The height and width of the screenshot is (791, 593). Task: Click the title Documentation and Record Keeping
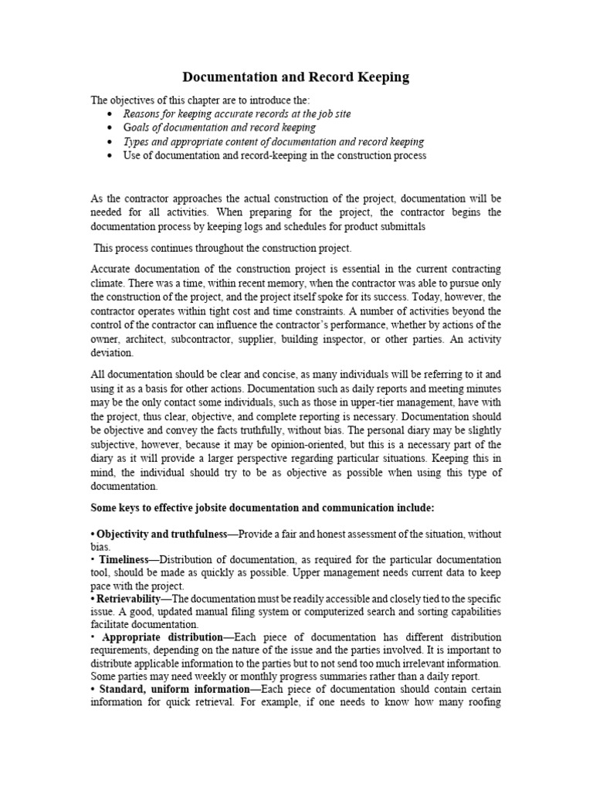pyautogui.click(x=296, y=77)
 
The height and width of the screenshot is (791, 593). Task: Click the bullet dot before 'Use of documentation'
pyautogui.click(x=111, y=155)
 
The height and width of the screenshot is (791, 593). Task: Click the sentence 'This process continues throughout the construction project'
pyautogui.click(x=222, y=248)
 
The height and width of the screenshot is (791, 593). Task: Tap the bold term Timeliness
pyautogui.click(x=124, y=558)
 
